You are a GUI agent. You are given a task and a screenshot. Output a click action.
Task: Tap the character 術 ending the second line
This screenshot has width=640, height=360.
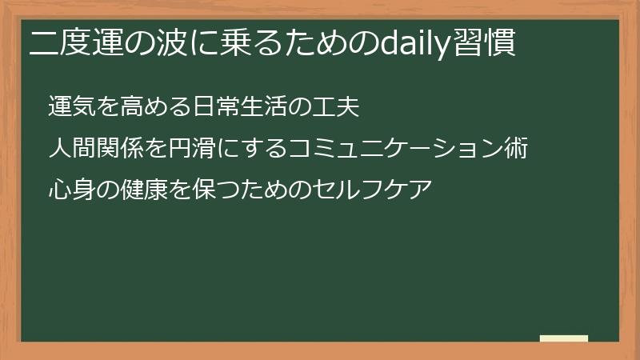point(517,148)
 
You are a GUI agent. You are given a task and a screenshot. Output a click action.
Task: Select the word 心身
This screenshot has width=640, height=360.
point(71,190)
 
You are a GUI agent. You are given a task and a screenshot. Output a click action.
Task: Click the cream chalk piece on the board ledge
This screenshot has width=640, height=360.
point(563,338)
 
